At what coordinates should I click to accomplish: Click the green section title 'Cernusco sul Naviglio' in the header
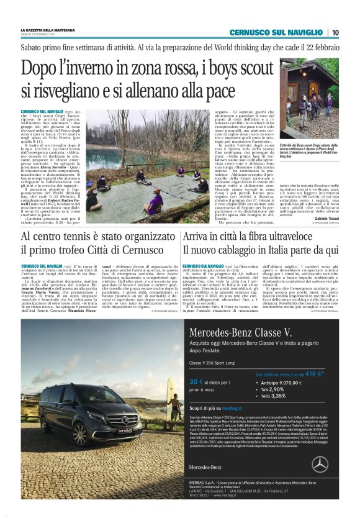point(276,32)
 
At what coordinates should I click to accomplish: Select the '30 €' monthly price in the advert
point(197,381)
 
